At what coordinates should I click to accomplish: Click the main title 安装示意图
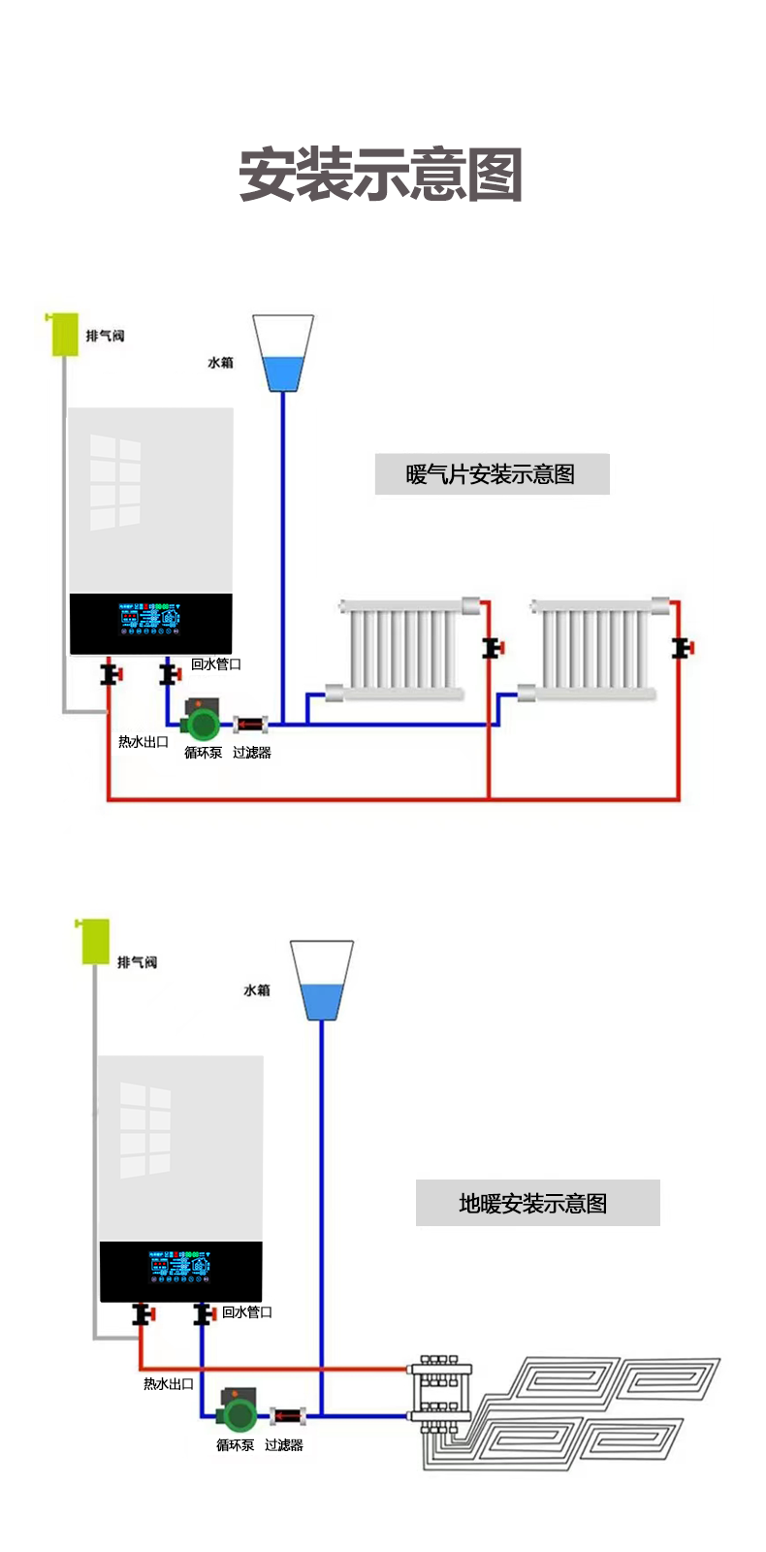381,175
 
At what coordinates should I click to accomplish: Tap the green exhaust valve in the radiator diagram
64,334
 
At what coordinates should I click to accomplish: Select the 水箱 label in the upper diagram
220,363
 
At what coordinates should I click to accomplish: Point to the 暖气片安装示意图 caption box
492,474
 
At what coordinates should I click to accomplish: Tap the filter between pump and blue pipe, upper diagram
250,724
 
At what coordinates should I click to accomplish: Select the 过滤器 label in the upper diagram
252,753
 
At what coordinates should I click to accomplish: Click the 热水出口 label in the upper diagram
144,742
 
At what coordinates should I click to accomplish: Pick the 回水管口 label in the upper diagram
216,664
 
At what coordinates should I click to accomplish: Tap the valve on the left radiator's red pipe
493,647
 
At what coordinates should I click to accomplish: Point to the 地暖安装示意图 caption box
537,1203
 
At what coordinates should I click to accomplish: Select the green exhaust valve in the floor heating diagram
94,942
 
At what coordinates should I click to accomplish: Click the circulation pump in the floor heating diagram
236,1413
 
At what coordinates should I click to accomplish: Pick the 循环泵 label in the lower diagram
235,1445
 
